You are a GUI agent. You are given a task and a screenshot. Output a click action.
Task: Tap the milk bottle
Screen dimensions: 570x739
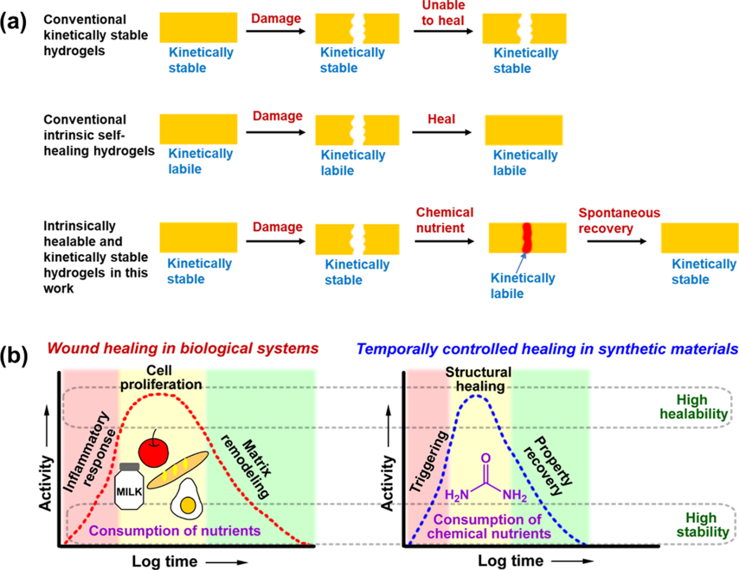(x=129, y=486)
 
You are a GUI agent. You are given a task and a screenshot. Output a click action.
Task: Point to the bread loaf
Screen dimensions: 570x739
(x=177, y=469)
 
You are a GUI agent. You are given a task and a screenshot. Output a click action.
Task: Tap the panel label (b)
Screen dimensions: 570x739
(x=13, y=354)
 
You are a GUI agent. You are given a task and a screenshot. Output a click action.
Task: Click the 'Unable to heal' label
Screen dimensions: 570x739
(x=443, y=13)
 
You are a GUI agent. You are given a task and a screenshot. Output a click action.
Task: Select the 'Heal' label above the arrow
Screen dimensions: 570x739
(x=441, y=119)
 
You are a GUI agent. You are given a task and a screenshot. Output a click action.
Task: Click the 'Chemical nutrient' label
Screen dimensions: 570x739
(x=444, y=220)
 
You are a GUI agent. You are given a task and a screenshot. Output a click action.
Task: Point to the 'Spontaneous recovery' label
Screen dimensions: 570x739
(x=619, y=220)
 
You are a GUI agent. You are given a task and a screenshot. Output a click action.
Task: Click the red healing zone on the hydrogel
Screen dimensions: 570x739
(x=527, y=237)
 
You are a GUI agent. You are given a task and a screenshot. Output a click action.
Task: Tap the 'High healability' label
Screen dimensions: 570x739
(x=693, y=407)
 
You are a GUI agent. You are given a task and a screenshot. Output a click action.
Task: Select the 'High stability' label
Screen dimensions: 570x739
(x=702, y=525)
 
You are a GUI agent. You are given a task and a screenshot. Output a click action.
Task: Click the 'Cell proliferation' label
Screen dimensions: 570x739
(x=160, y=377)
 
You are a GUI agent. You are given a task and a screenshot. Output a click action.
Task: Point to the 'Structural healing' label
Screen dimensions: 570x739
(x=479, y=379)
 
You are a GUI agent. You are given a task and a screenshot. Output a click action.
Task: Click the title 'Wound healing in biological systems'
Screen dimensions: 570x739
(x=183, y=348)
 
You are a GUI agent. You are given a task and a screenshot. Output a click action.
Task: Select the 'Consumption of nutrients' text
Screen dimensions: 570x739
(x=174, y=530)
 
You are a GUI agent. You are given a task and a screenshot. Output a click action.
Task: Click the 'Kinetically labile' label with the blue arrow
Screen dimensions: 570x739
(x=522, y=286)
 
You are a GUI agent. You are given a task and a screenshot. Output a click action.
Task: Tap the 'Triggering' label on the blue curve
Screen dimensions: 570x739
(x=429, y=463)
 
